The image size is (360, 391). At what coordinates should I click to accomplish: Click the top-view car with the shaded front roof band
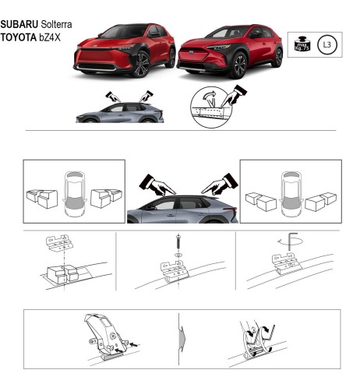[x=75, y=192]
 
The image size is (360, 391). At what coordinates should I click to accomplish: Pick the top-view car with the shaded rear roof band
[x=291, y=192]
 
